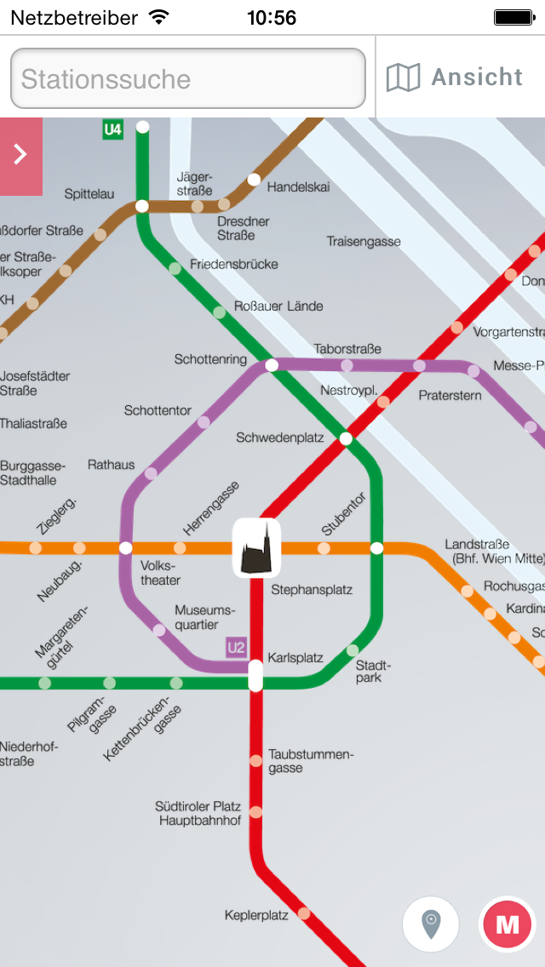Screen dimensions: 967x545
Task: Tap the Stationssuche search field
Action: click(x=187, y=79)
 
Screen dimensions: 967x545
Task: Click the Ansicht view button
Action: click(x=455, y=77)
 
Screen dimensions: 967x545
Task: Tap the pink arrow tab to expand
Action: click(x=21, y=155)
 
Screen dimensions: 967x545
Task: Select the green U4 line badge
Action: click(x=112, y=130)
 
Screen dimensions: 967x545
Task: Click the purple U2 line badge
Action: click(x=236, y=648)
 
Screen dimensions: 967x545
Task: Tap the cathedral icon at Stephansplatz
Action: click(x=256, y=547)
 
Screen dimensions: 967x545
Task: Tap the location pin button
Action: click(x=431, y=923)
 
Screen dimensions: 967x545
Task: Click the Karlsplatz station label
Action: click(x=295, y=658)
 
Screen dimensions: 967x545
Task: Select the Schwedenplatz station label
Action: click(x=280, y=438)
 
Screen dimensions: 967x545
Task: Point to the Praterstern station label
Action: click(x=450, y=396)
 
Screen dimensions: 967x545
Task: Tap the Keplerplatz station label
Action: click(x=256, y=915)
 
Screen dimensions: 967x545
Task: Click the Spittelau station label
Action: click(x=89, y=194)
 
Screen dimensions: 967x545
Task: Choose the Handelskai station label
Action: click(x=298, y=186)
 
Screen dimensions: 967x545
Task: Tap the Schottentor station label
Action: click(x=158, y=410)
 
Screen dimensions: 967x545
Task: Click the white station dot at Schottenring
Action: click(x=272, y=365)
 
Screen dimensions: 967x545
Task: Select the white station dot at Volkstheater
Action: click(x=126, y=547)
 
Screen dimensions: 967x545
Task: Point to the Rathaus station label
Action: click(x=111, y=465)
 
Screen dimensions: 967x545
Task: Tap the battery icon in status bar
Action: click(x=514, y=17)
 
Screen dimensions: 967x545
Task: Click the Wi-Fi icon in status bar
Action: click(x=158, y=17)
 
